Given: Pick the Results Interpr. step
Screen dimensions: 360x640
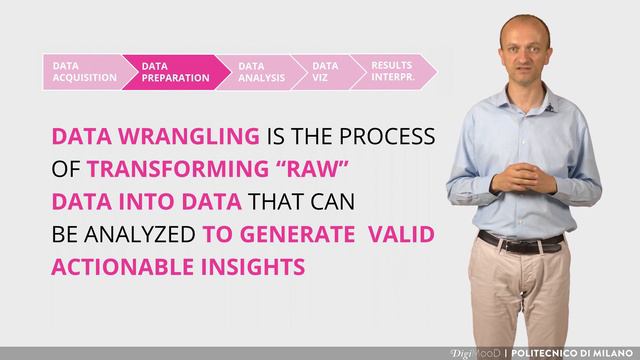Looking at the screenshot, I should (391, 71).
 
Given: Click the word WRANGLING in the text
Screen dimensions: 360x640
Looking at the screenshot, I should (197, 137).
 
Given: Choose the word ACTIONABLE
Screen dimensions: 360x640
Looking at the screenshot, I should (121, 268).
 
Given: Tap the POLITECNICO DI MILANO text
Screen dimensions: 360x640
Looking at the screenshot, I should (574, 352).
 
